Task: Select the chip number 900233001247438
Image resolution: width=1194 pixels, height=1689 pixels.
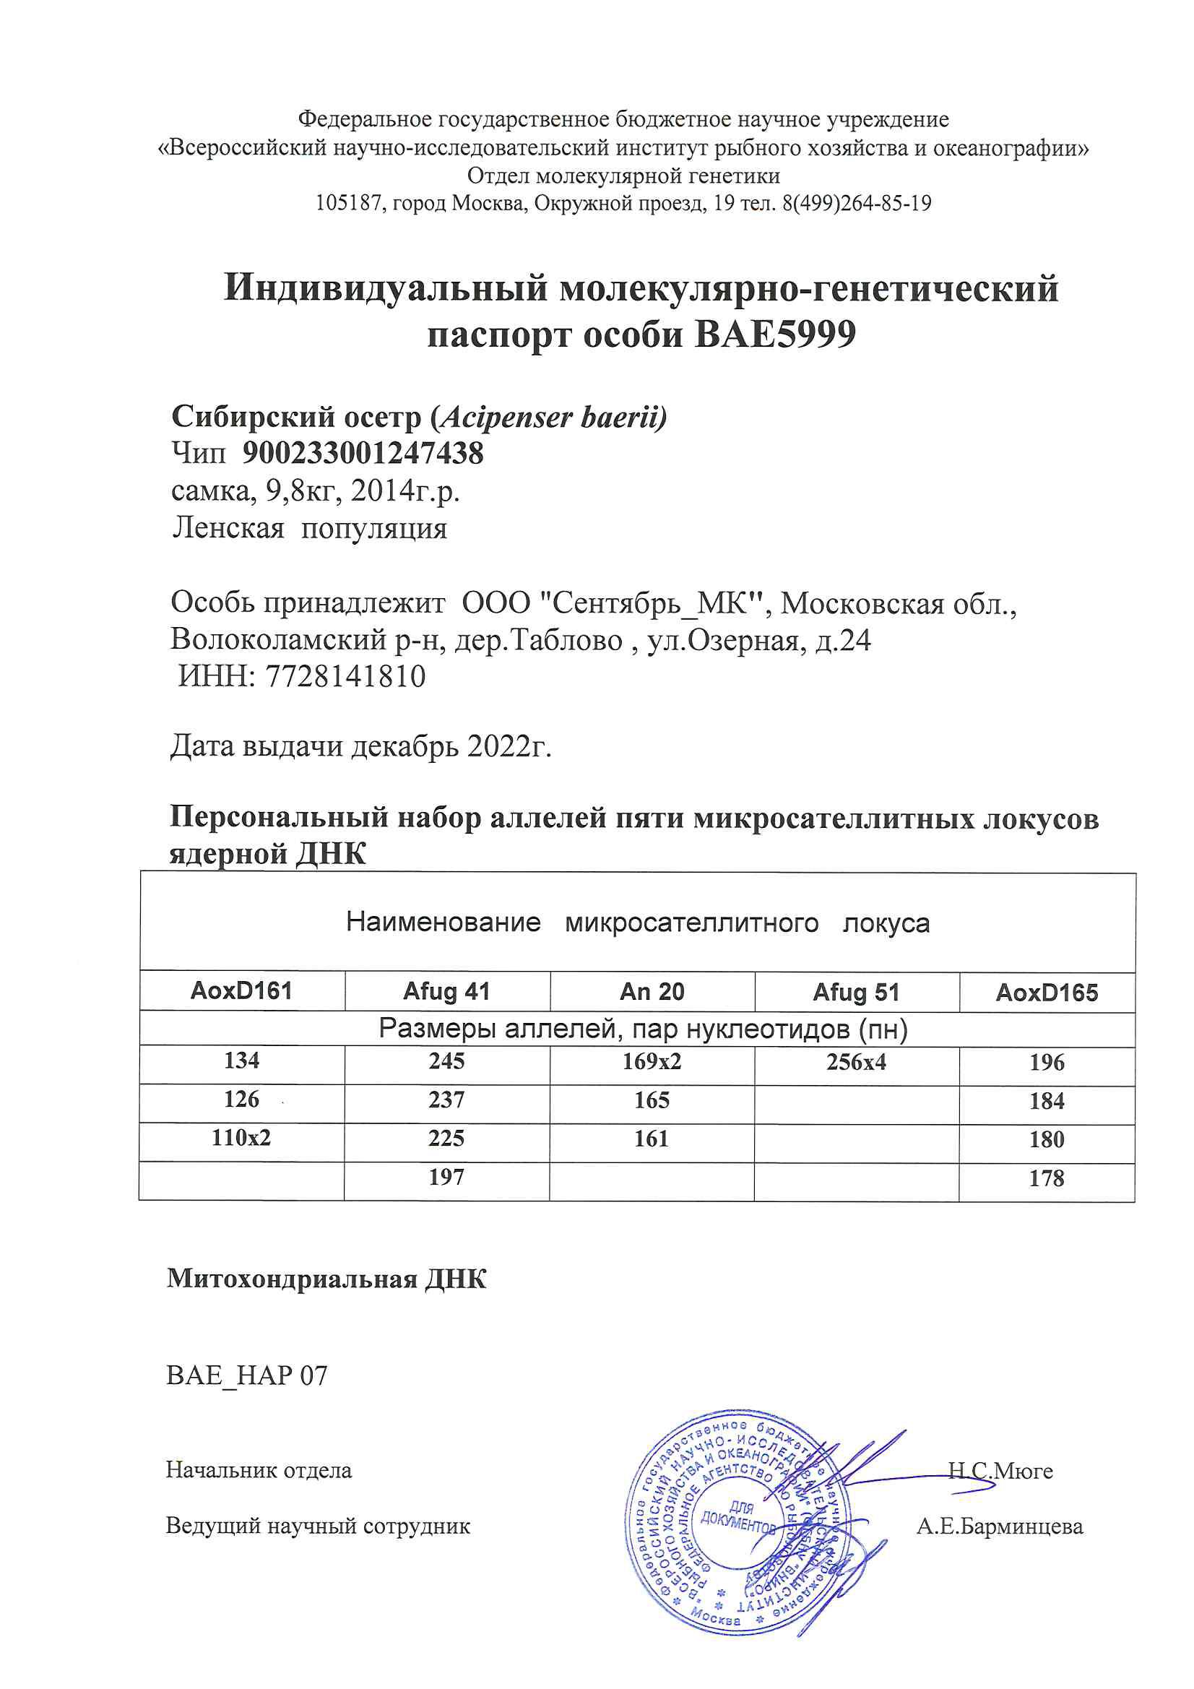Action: (x=363, y=453)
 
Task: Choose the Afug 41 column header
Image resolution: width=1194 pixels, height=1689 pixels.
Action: (x=446, y=992)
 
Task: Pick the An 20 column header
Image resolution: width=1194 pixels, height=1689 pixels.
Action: (x=652, y=992)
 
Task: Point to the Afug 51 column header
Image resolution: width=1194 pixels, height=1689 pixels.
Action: (x=857, y=993)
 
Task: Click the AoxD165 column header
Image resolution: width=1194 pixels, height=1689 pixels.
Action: (x=1046, y=993)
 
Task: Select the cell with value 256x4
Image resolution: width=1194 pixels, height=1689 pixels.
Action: (x=857, y=1061)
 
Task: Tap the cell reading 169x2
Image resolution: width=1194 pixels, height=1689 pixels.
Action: (x=652, y=1061)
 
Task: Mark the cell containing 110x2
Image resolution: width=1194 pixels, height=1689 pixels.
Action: (x=241, y=1138)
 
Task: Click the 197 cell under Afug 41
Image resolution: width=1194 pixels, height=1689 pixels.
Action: (x=446, y=1177)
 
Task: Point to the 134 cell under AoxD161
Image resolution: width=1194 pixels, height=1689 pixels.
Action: (x=241, y=1060)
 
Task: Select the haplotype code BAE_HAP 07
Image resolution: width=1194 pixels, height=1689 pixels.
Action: (x=246, y=1375)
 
